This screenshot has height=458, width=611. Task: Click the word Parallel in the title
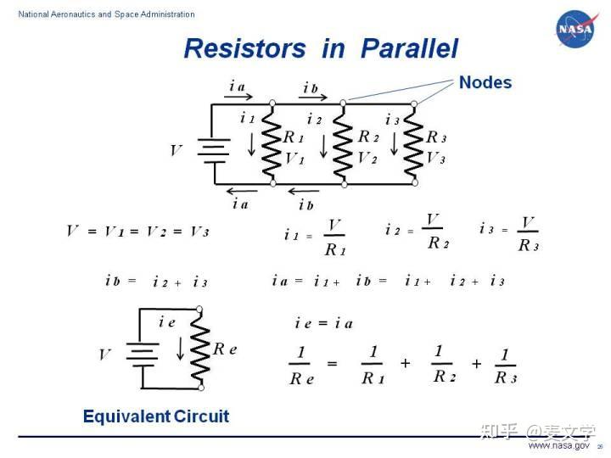click(409, 48)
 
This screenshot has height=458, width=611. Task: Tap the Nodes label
click(485, 82)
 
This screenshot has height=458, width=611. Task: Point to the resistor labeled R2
click(343, 142)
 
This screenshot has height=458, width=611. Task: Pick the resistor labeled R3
click(414, 142)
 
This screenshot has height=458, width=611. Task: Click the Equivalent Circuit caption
click(156, 416)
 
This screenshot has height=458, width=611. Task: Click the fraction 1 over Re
click(301, 366)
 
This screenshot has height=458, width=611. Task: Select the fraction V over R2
click(435, 231)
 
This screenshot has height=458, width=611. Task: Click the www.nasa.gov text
click(558, 445)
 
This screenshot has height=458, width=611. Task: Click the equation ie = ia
click(323, 323)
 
